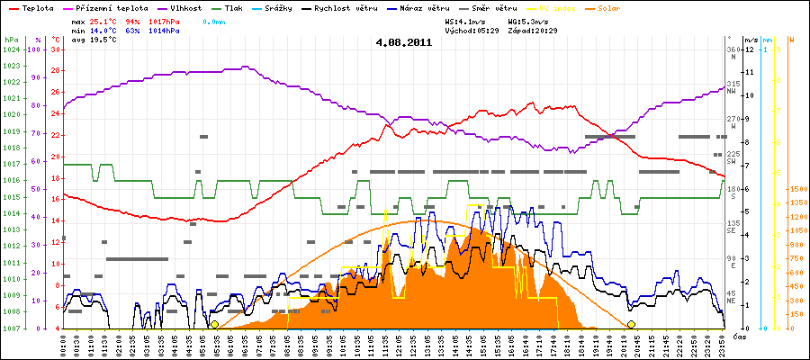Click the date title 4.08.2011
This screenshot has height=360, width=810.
404,42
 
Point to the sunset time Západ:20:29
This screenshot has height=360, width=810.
535,30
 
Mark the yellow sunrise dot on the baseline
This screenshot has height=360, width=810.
214,324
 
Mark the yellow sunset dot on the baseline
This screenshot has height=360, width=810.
632,324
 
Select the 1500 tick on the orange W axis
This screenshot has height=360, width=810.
797,190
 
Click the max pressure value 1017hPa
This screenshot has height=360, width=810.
164,20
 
